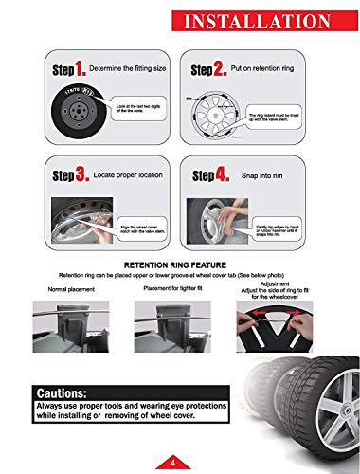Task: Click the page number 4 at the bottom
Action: (x=175, y=462)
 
